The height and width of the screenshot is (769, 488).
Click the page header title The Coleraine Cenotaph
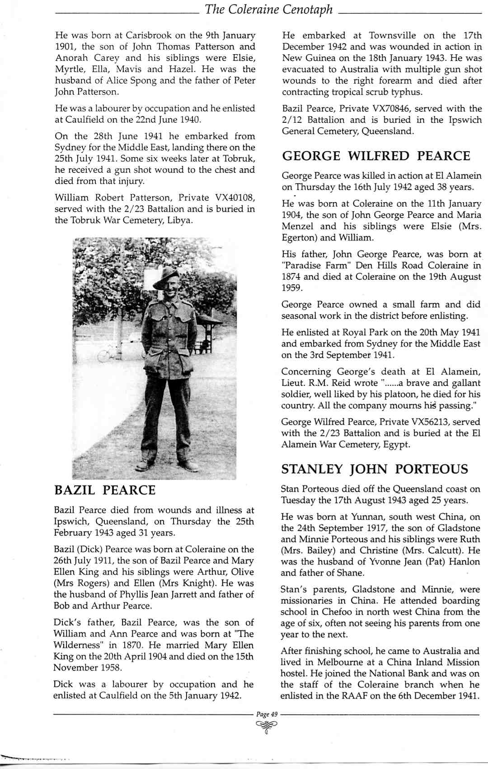pos(268,9)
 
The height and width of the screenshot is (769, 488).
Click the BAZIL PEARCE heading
pos(104,491)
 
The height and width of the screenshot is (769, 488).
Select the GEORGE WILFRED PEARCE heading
pos(376,156)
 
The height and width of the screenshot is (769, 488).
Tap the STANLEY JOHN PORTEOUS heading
pos(375,469)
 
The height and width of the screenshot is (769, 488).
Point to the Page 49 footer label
pos(267,714)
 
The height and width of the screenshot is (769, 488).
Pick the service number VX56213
pos(433,422)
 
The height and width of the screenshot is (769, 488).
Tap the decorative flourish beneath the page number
pos(267,726)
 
